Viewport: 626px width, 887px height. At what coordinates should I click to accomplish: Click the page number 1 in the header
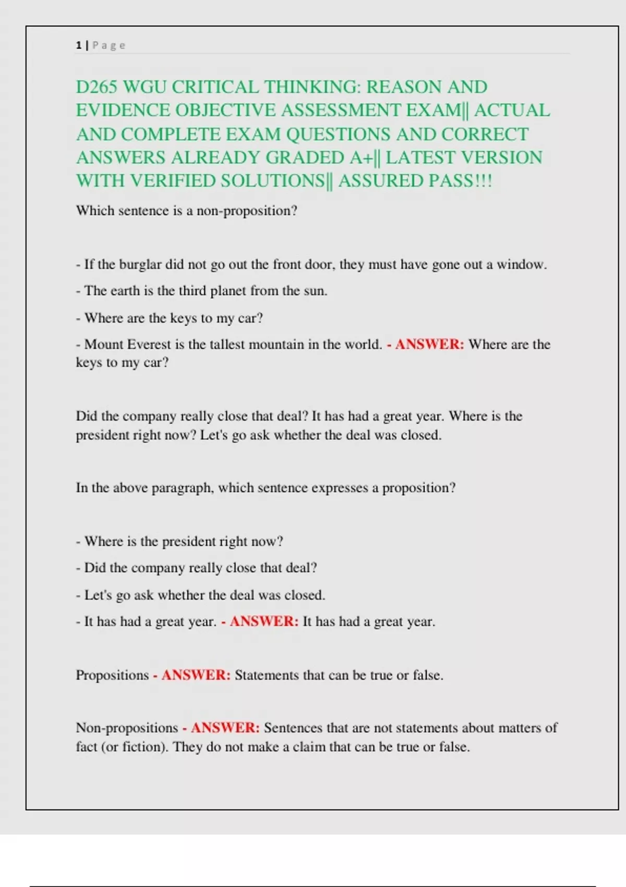click(78, 45)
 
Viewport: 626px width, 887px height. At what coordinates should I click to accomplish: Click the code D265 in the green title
click(97, 87)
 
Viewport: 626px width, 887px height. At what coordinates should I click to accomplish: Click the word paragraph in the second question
click(182, 488)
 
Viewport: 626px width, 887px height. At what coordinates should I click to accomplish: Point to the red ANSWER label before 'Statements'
click(196, 675)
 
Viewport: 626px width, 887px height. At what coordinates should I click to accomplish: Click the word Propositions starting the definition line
click(112, 675)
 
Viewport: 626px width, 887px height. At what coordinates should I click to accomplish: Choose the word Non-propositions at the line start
click(127, 728)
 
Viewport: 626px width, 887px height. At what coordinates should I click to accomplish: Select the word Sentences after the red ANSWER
click(293, 728)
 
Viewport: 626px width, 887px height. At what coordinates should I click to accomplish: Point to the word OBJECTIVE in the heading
click(225, 111)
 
